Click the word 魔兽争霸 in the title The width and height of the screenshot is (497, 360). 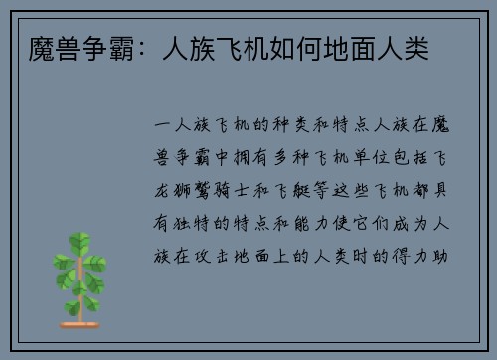point(60,46)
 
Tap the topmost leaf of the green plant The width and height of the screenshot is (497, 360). point(79,240)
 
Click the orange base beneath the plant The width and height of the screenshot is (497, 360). point(79,323)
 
